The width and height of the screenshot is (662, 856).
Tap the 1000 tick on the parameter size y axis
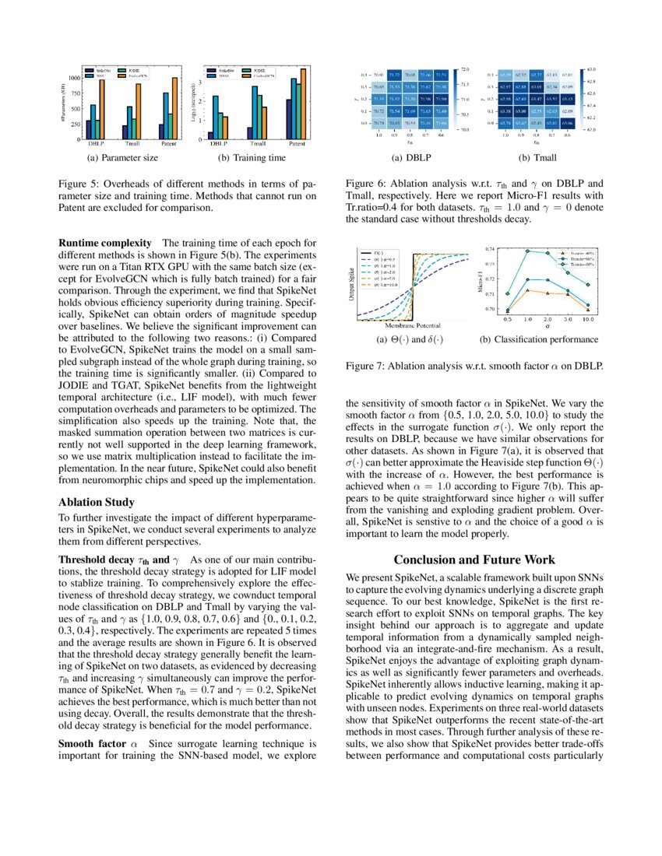pos(75,78)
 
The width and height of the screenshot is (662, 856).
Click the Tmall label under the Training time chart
pos(259,144)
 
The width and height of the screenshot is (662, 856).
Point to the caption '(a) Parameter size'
pos(125,158)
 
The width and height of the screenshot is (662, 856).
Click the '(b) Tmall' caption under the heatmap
pos(537,158)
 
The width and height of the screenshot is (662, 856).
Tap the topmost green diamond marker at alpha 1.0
pos(528,251)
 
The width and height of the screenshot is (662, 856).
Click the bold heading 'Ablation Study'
pos(97,502)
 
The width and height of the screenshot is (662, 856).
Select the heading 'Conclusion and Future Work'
pos(474,560)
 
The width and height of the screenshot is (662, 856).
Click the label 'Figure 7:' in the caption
pos(365,365)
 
